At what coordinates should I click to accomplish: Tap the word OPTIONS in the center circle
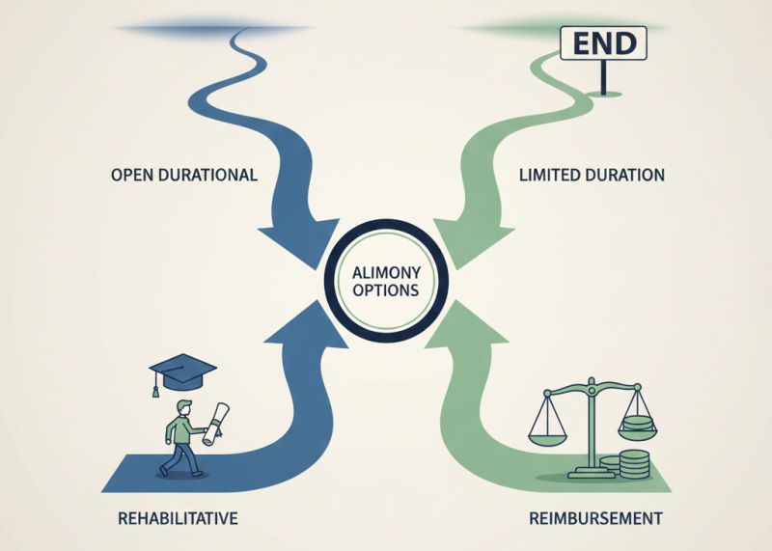(386, 290)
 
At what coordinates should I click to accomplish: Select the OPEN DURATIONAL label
(183, 176)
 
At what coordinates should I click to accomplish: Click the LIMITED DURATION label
(592, 176)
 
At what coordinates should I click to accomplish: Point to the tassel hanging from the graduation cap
(153, 388)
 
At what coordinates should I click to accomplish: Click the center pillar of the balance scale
(589, 429)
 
